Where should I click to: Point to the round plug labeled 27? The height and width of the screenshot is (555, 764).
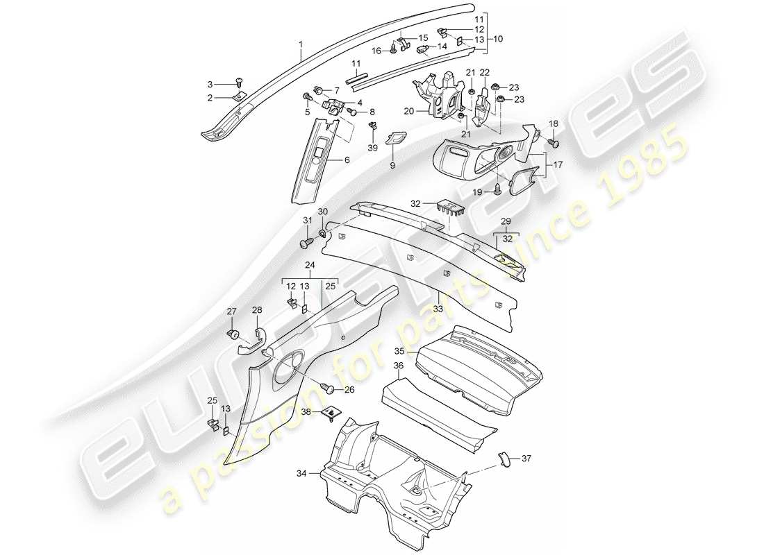tap(233, 335)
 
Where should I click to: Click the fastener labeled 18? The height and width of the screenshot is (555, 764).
tap(554, 142)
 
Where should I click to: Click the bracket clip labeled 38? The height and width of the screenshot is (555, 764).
tap(332, 414)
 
